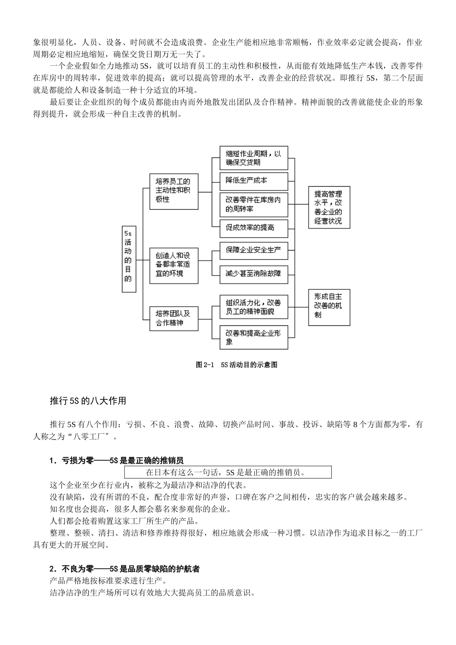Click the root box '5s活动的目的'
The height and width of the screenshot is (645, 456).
point(129,259)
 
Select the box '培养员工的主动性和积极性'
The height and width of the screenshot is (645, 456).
point(174,191)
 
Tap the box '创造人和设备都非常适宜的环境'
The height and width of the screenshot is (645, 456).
point(174,266)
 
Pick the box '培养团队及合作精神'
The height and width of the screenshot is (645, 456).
point(174,318)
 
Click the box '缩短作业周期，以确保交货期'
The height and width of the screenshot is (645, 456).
point(253,158)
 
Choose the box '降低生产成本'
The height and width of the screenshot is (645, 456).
point(253,181)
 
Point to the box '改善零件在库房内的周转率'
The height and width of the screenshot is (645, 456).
point(253,204)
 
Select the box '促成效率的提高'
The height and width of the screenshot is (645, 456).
point(253,227)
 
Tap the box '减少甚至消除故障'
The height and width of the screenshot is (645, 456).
point(253,275)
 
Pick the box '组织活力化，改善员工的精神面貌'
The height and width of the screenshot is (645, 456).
point(253,307)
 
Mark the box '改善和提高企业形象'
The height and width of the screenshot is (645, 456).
point(253,337)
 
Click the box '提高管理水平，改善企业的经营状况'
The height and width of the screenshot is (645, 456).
point(329,207)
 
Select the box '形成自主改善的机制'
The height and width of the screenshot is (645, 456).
point(329,306)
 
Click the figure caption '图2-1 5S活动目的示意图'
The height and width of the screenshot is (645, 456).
point(237,365)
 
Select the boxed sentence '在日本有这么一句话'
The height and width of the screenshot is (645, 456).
point(228,472)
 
